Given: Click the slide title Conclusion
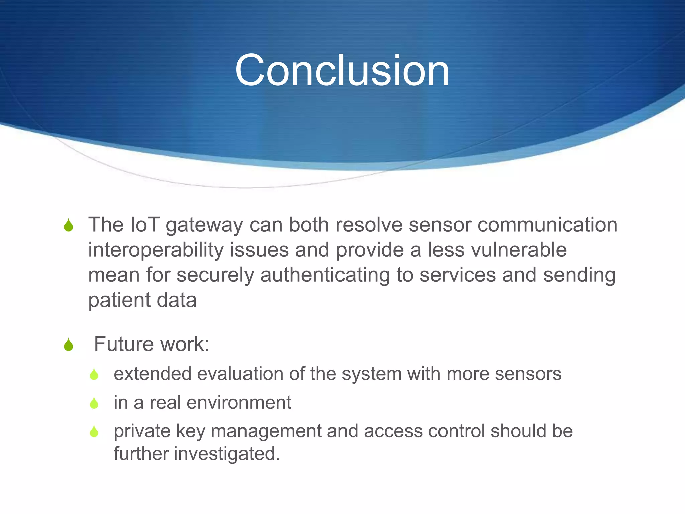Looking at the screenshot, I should click(342, 71).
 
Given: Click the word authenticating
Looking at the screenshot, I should click(324, 275).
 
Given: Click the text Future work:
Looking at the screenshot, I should click(152, 344).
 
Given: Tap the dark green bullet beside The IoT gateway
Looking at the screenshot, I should click(69, 225).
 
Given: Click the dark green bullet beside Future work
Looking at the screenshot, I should click(69, 345).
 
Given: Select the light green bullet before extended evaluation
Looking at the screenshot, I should click(94, 374).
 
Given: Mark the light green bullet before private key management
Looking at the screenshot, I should click(94, 431).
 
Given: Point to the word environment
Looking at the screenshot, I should click(239, 402).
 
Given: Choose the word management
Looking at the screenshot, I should click(266, 431).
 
